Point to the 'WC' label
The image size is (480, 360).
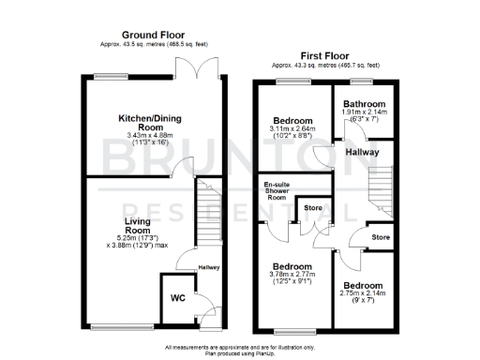click(x=177, y=298)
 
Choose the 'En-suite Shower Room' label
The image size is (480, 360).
click(x=276, y=191)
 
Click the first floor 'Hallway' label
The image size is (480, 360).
click(x=363, y=150)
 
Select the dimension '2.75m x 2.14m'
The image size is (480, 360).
click(x=362, y=294)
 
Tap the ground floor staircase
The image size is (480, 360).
click(x=209, y=212)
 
